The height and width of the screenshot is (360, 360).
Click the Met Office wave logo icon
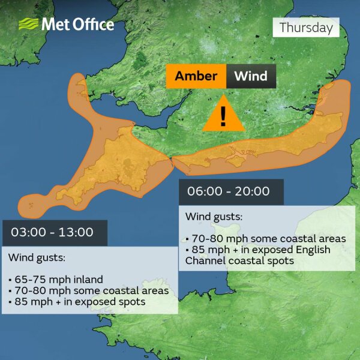coord(28,25)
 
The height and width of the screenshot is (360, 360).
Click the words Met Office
coord(77,25)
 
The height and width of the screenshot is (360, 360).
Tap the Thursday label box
coord(305,28)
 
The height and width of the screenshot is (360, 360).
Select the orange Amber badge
coord(196,77)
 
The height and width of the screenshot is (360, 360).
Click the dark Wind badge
coord(250,77)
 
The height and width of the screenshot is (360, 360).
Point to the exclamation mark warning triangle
coord(223,113)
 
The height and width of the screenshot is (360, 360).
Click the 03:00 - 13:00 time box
coord(55,232)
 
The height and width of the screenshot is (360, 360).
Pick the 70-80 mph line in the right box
coord(266,239)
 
